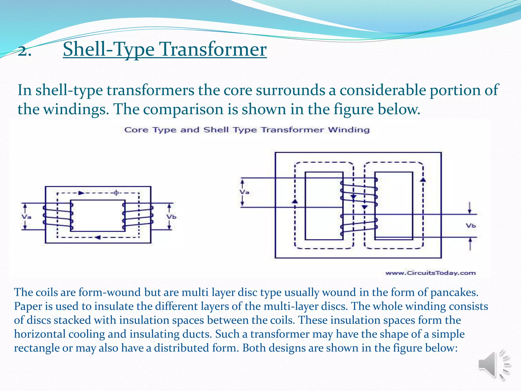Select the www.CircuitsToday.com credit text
[x=430, y=273]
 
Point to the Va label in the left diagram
[x=26, y=217]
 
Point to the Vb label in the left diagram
[x=171, y=217]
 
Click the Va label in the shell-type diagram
[x=244, y=192]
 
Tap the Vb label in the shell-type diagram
[x=471, y=226]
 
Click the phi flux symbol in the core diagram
[x=116, y=193]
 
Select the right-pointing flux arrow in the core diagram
[x=81, y=193]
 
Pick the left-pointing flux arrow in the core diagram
[x=98, y=238]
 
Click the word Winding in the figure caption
[x=349, y=130]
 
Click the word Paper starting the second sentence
[x=28, y=306]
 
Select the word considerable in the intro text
[x=382, y=90]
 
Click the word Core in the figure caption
[x=136, y=130]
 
